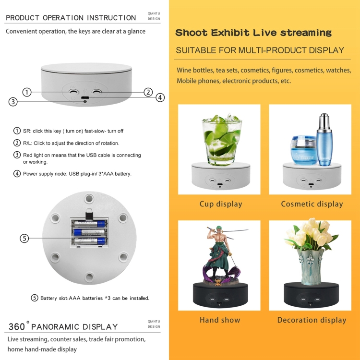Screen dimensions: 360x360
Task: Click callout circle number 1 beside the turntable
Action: [27, 92]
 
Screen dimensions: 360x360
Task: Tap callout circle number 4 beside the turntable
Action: [160, 97]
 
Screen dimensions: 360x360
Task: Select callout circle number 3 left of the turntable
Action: [13, 101]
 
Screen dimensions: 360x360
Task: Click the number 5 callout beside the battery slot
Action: [24, 238]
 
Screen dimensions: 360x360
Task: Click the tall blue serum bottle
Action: [324, 140]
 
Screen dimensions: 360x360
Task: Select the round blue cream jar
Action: [304, 150]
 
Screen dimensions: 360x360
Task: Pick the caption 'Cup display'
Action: [221, 204]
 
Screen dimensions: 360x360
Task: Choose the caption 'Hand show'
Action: [220, 320]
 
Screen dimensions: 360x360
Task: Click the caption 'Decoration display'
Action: [312, 320]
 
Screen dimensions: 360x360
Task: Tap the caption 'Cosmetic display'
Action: [312, 204]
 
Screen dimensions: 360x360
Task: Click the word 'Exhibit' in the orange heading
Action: [230, 33]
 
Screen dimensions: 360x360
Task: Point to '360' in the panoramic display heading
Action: [16, 327]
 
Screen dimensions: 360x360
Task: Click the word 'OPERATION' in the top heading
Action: [63, 18]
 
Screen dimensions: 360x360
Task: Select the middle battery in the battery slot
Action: [89, 232]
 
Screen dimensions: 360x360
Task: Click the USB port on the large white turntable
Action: [85, 97]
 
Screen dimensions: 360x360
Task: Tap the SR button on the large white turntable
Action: [73, 92]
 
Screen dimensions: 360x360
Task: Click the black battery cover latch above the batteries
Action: [89, 215]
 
